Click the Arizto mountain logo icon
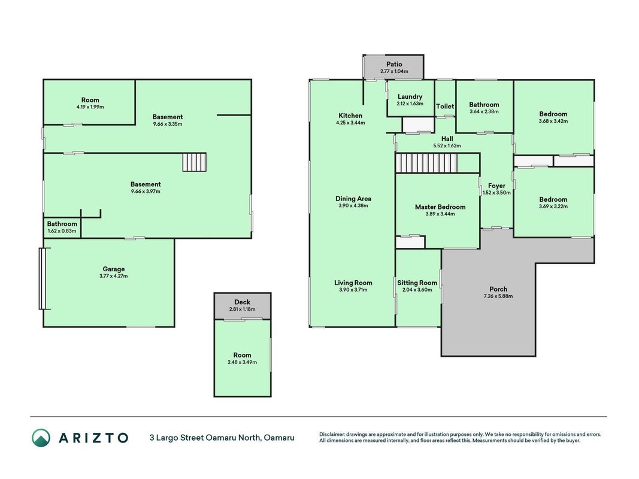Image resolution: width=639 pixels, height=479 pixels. (x=41, y=438)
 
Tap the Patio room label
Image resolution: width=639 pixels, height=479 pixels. (x=394, y=64)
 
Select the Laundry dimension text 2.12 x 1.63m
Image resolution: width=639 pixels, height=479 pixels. (x=410, y=104)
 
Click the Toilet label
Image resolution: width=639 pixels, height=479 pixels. (x=445, y=106)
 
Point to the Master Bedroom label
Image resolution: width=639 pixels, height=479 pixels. (x=440, y=207)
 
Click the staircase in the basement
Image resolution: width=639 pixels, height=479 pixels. (x=195, y=162)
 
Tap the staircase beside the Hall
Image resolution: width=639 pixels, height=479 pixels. (x=426, y=163)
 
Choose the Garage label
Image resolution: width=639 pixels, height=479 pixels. (x=114, y=269)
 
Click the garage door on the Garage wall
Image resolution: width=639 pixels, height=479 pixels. (x=43, y=278)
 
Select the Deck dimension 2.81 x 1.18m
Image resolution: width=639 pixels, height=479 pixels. (x=242, y=309)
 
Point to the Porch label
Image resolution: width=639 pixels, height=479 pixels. (x=498, y=289)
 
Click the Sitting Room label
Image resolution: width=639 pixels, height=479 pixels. (x=417, y=283)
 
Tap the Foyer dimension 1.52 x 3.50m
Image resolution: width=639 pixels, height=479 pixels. (x=496, y=193)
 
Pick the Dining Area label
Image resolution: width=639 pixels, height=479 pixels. (x=353, y=199)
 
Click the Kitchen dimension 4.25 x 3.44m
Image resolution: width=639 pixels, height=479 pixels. (x=350, y=123)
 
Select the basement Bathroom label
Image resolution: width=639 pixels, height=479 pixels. (x=62, y=223)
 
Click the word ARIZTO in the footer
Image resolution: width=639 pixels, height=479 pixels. (x=93, y=438)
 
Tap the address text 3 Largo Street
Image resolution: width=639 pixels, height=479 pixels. (x=177, y=438)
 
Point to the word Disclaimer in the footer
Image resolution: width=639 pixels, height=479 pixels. (x=332, y=435)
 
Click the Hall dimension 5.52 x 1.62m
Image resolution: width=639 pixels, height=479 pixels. (x=447, y=145)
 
